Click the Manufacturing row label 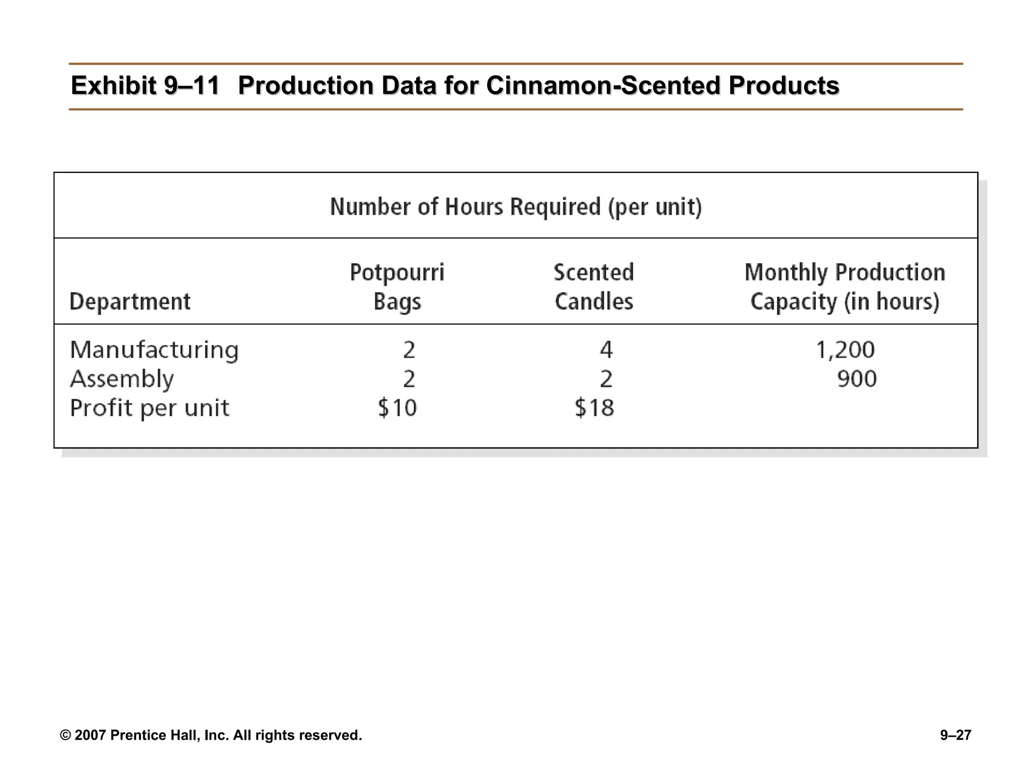click(x=154, y=350)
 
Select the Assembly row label click(x=121, y=379)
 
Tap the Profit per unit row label click(x=149, y=408)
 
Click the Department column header click(x=130, y=302)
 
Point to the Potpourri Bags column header click(x=397, y=287)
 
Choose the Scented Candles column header click(x=594, y=287)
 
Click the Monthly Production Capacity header click(x=845, y=287)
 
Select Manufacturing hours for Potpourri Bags click(x=409, y=350)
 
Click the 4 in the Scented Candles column click(x=606, y=350)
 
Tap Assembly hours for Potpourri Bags click(x=409, y=379)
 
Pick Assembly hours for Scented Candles click(x=606, y=379)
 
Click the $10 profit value click(x=397, y=408)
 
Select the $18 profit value click(x=594, y=408)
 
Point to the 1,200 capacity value click(x=845, y=350)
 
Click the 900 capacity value click(x=857, y=379)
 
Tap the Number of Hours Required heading click(x=515, y=207)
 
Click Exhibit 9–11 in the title click(x=145, y=85)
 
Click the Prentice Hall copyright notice click(x=211, y=735)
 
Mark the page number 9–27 click(x=955, y=735)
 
